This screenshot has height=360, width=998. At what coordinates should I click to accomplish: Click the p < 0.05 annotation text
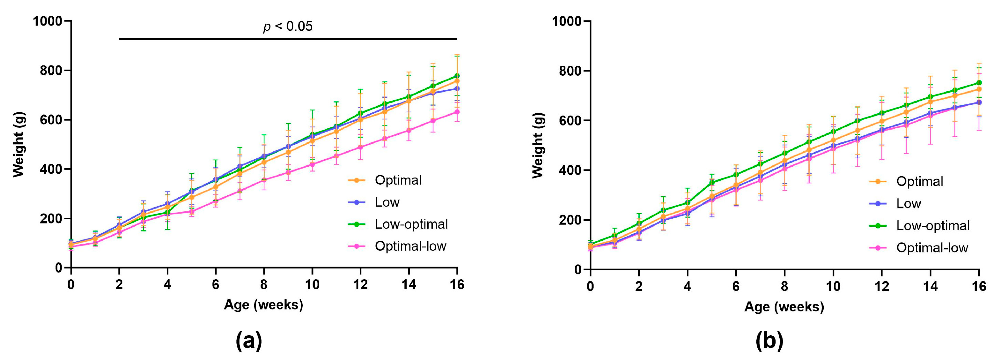[288, 26]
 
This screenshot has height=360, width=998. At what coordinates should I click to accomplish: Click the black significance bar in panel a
[288, 39]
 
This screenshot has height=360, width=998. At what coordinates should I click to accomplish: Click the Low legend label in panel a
[387, 202]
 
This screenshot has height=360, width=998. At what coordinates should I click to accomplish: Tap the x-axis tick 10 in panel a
[312, 285]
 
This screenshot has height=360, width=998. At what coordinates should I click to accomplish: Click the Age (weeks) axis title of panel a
[264, 305]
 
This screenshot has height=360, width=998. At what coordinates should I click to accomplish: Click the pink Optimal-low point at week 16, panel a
[457, 112]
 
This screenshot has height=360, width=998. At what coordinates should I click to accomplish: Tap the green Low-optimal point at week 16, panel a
[457, 76]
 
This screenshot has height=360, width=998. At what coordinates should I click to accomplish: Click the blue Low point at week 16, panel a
[457, 89]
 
